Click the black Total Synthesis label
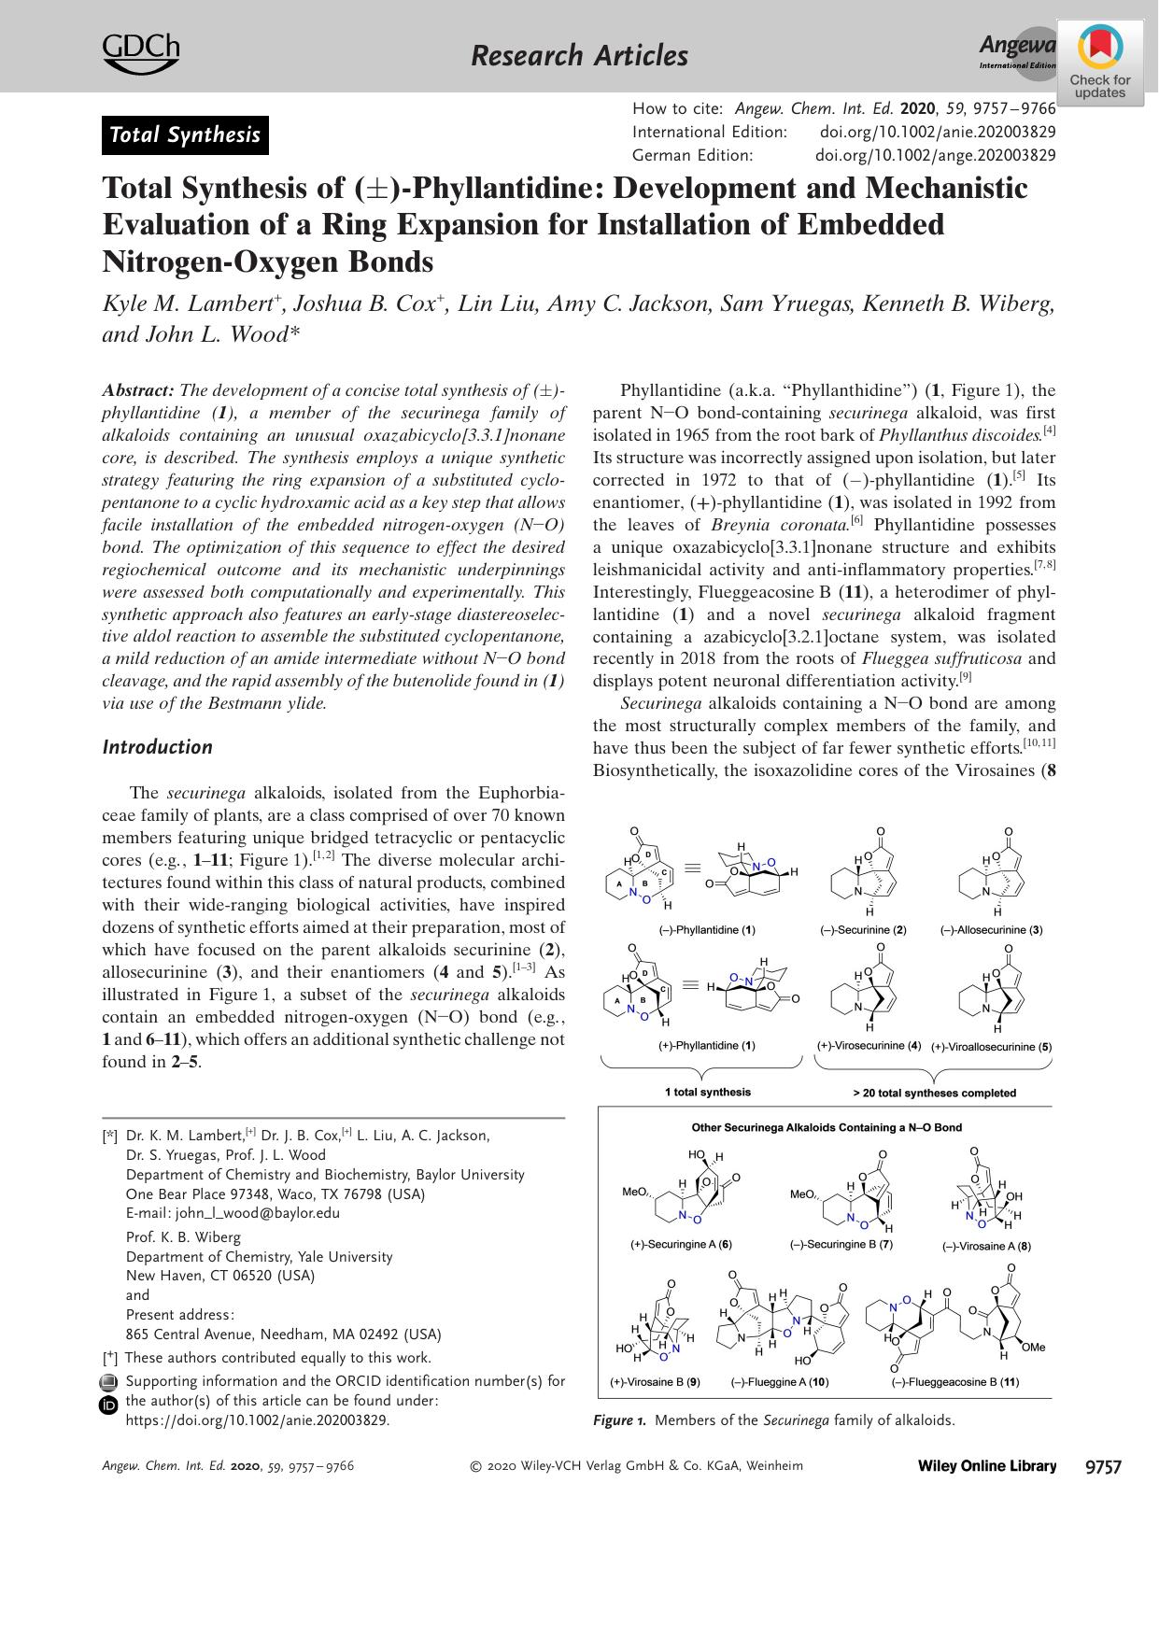[185, 135]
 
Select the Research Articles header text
[579, 56]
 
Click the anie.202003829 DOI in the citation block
[938, 133]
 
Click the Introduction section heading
[157, 747]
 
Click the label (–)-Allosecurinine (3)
[991, 930]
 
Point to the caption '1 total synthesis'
[707, 1091]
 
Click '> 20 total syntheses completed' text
[934, 1092]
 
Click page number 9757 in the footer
[1102, 1466]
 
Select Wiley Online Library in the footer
[987, 1466]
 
